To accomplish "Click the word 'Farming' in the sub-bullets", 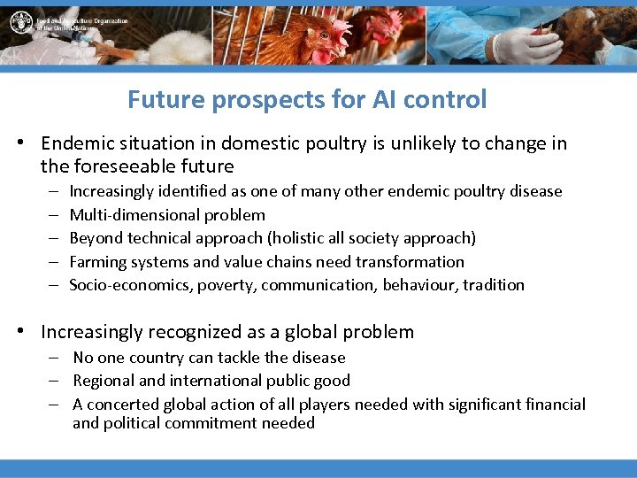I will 98,262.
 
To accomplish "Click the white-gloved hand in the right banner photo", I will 514,47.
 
